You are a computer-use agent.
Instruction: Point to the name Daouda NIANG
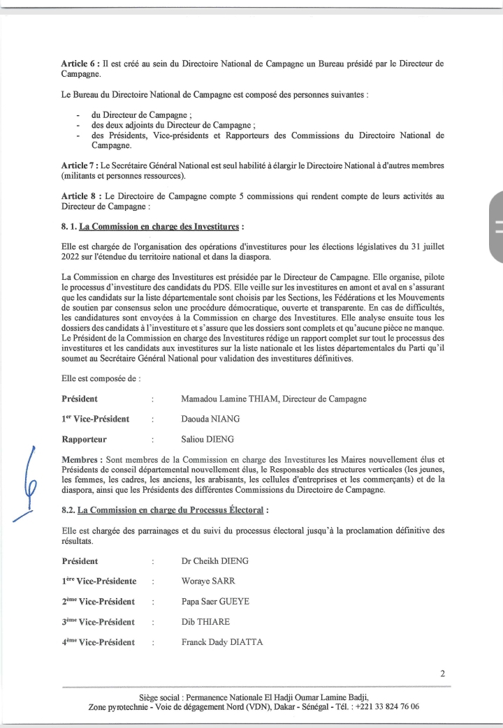[x=206, y=419]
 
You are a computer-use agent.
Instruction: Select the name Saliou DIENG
[x=205, y=440]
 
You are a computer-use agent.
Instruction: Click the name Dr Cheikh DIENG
[x=210, y=561]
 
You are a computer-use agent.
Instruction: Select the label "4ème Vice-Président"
[x=98, y=642]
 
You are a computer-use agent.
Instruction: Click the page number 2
[x=443, y=674]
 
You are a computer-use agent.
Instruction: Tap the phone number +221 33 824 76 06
[x=388, y=706]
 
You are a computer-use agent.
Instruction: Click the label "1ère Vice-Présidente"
[x=99, y=581]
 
